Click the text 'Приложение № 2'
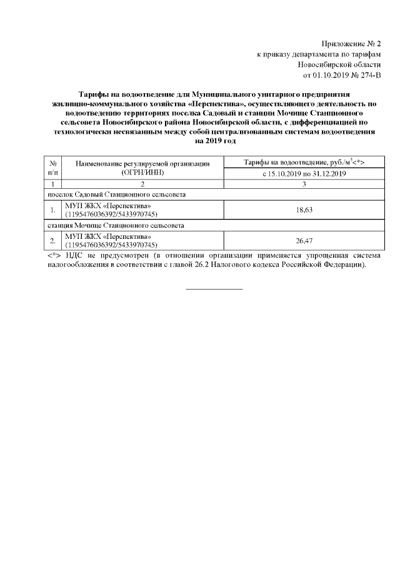[351, 43]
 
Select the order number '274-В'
[369, 75]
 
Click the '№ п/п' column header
[53, 167]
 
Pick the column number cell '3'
[303, 184]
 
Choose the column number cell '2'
[142, 184]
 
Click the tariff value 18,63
[303, 210]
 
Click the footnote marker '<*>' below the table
[54, 255]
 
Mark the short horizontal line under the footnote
[215, 289]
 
